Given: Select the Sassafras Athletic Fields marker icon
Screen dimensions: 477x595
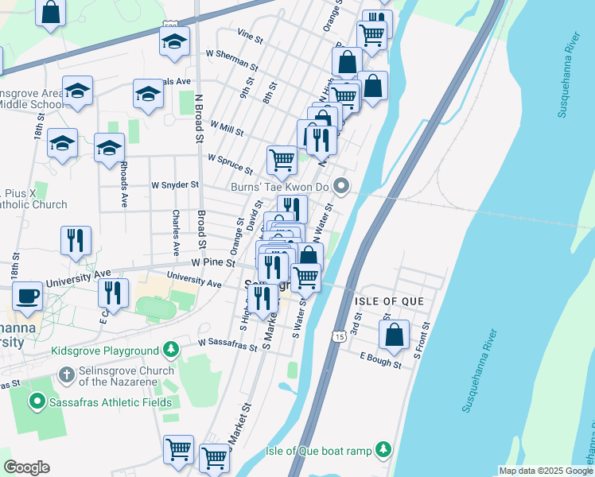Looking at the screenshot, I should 36,402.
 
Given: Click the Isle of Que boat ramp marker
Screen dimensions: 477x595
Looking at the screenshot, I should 383,450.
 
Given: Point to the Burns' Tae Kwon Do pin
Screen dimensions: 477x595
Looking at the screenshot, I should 342,187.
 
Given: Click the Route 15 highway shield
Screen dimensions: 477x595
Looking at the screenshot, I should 340,337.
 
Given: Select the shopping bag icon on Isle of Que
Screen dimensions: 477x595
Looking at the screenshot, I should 395,335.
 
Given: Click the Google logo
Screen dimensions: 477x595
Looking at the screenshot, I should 26,467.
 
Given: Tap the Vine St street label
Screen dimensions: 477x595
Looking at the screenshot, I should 250,36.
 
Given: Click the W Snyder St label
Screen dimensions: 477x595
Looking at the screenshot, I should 175,184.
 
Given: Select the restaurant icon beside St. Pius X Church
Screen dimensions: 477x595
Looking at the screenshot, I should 76,241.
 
